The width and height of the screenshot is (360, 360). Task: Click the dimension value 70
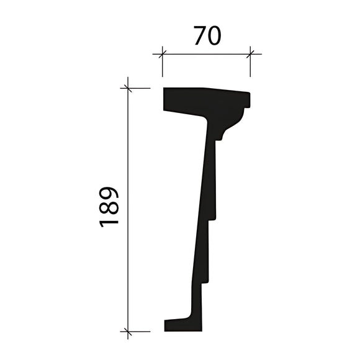(x=207, y=36)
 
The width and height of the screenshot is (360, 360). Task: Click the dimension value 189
(x=109, y=206)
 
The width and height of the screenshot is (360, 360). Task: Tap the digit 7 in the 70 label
(x=199, y=36)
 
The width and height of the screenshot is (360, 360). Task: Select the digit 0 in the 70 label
(x=214, y=36)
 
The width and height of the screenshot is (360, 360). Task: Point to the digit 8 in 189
(x=109, y=206)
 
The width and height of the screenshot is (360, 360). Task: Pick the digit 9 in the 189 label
(x=109, y=193)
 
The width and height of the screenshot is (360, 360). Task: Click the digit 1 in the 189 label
(x=109, y=220)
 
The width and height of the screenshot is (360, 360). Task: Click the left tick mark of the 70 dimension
(x=163, y=54)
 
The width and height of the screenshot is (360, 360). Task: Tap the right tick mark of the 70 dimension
(x=251, y=54)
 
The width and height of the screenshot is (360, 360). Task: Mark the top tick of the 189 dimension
(x=128, y=88)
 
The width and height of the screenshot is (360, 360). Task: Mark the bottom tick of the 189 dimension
(x=128, y=331)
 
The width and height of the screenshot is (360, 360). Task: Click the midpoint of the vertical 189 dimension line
(x=128, y=210)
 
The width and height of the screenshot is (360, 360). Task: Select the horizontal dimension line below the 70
(x=207, y=54)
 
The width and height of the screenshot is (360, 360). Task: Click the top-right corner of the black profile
(x=250, y=94)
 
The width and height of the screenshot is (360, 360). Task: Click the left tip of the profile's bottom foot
(x=165, y=325)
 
